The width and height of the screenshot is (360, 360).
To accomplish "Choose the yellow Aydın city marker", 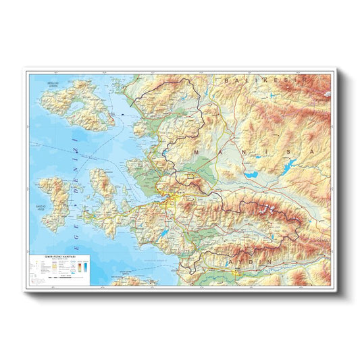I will [x=235, y=273].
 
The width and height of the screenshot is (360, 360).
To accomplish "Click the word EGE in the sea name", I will [x=76, y=245].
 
